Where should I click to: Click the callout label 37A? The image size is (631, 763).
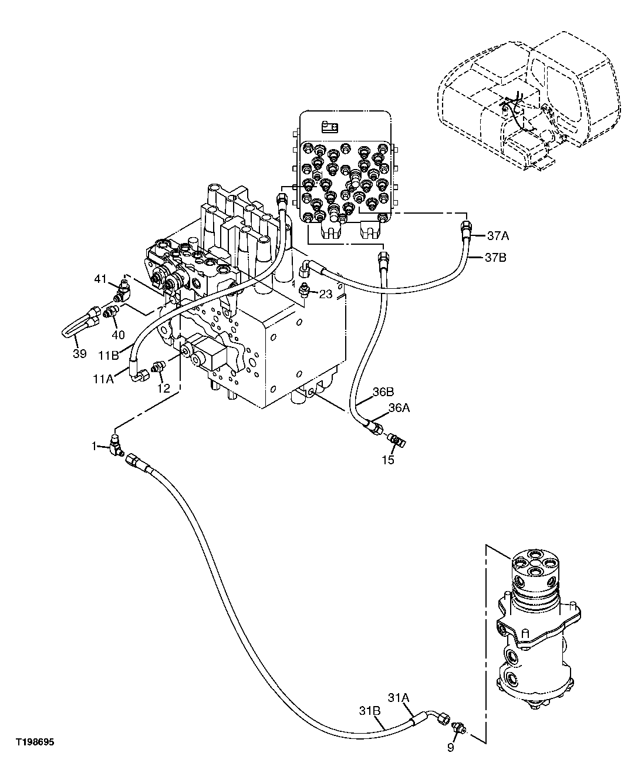[x=497, y=236]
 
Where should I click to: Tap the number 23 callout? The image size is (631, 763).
[x=326, y=295]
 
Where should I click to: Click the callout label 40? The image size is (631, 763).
[x=118, y=335]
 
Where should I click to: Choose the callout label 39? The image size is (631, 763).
[x=79, y=353]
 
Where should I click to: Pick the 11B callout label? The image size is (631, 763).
[x=109, y=355]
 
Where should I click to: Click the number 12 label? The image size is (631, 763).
[x=164, y=388]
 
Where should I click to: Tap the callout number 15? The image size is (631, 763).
[x=388, y=460]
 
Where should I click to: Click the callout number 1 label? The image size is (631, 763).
[x=93, y=446]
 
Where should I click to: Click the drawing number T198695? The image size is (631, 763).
[x=35, y=742]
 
